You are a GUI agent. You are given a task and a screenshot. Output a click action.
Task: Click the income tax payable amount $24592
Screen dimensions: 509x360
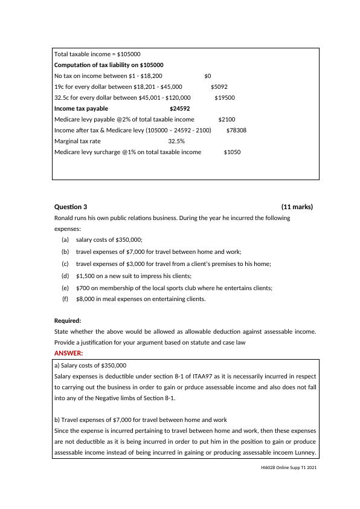pyautogui.click(x=179, y=109)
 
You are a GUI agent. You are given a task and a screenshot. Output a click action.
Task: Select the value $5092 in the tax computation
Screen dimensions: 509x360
pyautogui.click(x=219, y=86)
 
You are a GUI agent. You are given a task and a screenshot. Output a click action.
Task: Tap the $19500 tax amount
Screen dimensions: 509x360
pyautogui.click(x=225, y=97)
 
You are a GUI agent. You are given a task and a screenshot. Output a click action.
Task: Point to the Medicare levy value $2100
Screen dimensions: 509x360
pyautogui.click(x=227, y=120)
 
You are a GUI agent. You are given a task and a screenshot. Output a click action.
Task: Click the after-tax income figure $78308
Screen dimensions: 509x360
pyautogui.click(x=236, y=131)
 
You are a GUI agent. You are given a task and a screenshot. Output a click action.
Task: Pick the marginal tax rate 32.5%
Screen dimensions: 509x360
pyautogui.click(x=176, y=141)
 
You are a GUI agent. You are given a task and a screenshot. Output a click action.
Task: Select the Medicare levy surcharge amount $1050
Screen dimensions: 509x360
pyautogui.click(x=232, y=152)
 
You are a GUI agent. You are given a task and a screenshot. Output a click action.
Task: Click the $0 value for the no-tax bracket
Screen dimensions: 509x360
pyautogui.click(x=208, y=76)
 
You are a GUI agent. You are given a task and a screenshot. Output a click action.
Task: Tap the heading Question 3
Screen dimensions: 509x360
pyautogui.click(x=71, y=207)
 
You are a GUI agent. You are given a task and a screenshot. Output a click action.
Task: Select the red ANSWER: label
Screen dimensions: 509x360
pyautogui.click(x=69, y=353)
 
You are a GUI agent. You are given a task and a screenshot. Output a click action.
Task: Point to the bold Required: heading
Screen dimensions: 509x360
pyautogui.click(x=68, y=320)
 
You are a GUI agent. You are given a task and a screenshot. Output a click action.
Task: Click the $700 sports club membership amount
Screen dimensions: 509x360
pyautogui.click(x=83, y=288)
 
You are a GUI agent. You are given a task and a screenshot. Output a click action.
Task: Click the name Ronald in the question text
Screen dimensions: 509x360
pyautogui.click(x=65, y=218)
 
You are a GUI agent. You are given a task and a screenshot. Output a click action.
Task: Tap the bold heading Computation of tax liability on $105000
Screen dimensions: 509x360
pyautogui.click(x=109, y=65)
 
